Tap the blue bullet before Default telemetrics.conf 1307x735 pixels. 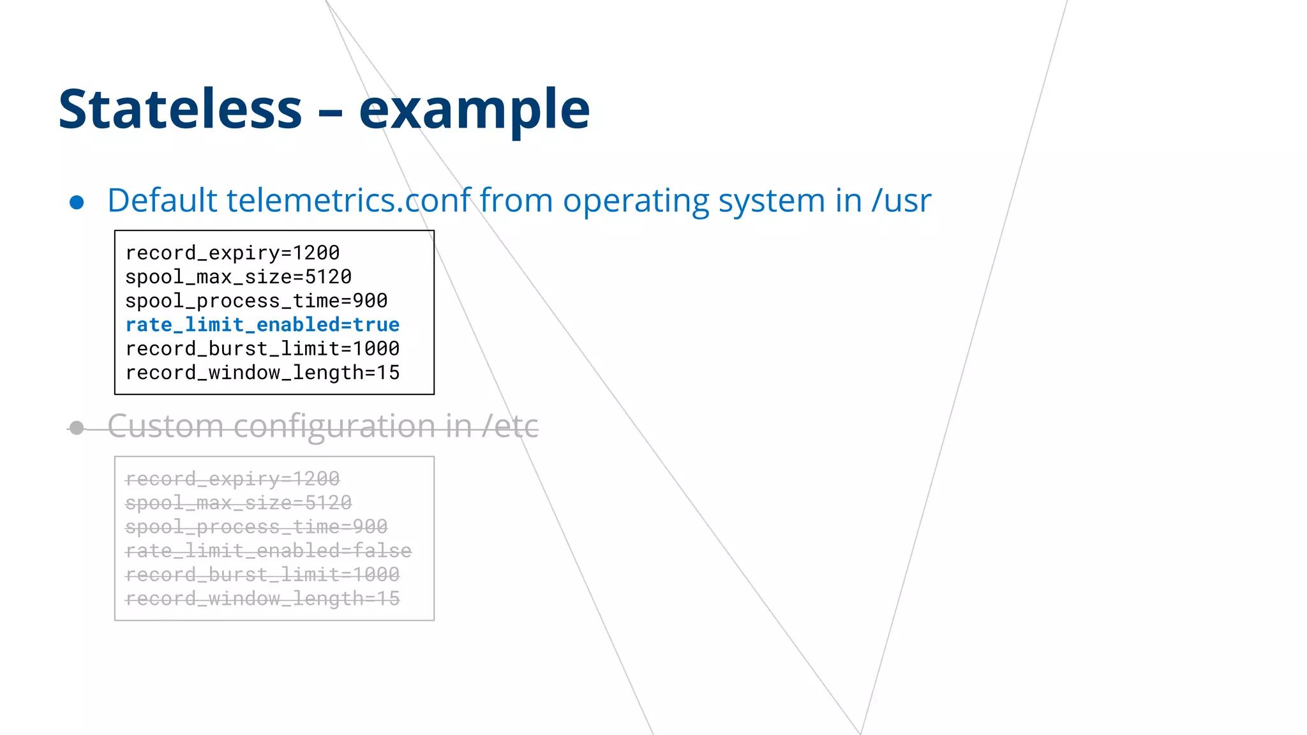(x=77, y=202)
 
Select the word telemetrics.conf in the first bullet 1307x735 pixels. (x=349, y=200)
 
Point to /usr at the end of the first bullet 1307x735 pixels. (x=901, y=200)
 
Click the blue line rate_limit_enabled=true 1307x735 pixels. (x=262, y=325)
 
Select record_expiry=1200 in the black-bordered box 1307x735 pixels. (x=232, y=253)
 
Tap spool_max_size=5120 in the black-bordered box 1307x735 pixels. (x=238, y=277)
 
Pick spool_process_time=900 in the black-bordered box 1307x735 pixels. (x=256, y=301)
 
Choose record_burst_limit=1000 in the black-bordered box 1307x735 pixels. (x=262, y=348)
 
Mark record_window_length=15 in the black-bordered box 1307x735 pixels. (x=262, y=373)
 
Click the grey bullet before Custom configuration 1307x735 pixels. (x=77, y=427)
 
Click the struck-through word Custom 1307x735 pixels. (x=165, y=426)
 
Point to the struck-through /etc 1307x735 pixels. (x=510, y=426)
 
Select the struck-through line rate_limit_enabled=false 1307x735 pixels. (x=268, y=551)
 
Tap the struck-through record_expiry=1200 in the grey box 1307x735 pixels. (x=232, y=479)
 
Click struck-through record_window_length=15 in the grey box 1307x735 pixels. (x=262, y=598)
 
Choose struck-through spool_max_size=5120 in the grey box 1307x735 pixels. (x=238, y=503)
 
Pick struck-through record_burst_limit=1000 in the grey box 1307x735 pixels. (x=262, y=574)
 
